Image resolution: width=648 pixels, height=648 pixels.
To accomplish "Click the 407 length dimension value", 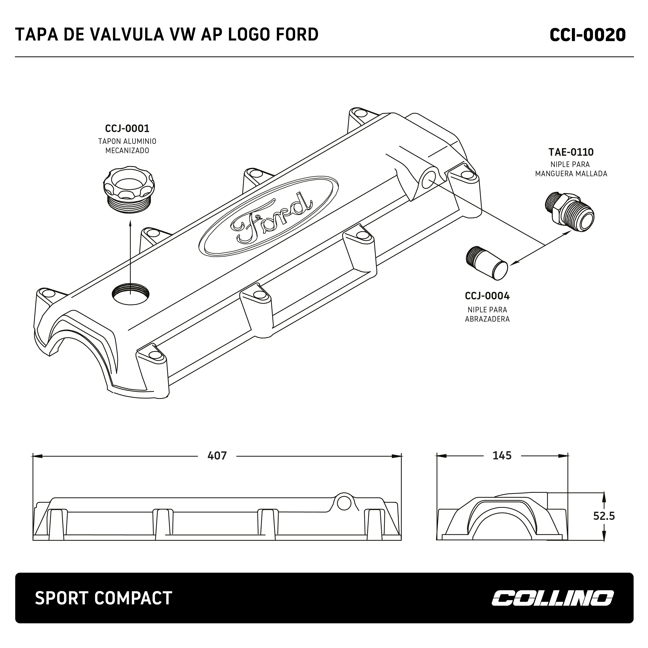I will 217,455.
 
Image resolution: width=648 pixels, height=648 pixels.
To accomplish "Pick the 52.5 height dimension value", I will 604,516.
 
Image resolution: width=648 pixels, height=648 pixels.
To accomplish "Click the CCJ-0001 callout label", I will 127,129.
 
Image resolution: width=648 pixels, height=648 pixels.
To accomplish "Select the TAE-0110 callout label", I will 571,152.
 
